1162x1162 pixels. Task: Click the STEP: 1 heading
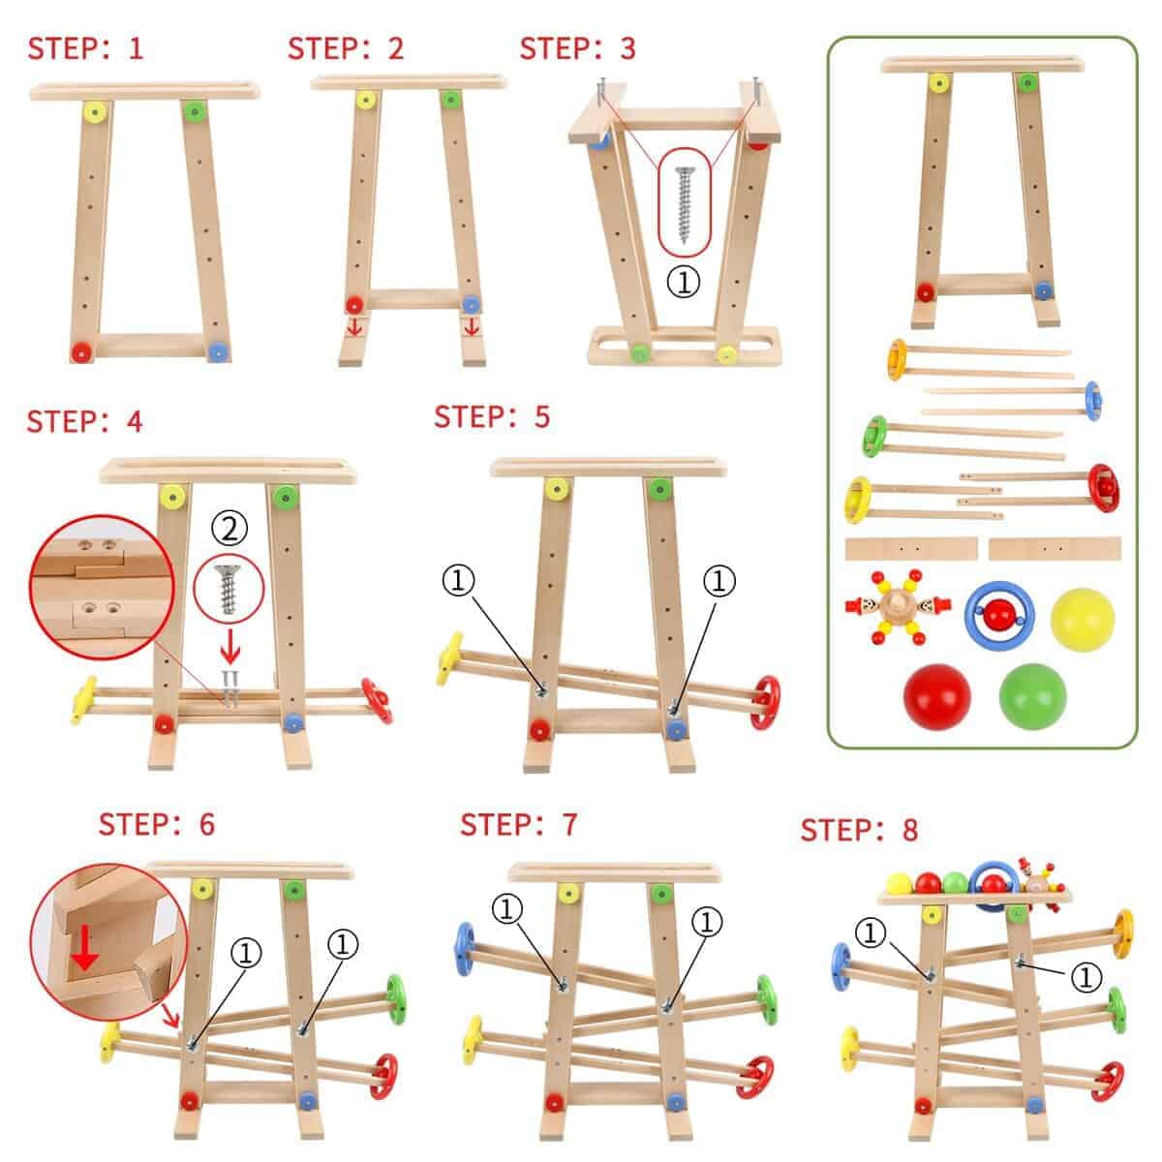[x=85, y=48]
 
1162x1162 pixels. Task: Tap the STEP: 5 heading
[x=492, y=416]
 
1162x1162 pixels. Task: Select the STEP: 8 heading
[x=859, y=830]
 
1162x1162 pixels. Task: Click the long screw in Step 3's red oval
[x=684, y=203]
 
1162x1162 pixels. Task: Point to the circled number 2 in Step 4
[x=229, y=529]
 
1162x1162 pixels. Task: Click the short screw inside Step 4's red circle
[x=229, y=589]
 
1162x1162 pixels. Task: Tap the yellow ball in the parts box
[x=1083, y=620]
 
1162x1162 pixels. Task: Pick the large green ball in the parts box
[x=1032, y=696]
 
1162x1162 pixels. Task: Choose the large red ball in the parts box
[x=937, y=696]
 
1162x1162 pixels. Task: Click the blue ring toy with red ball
[x=999, y=616]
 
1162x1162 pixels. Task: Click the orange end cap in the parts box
[x=897, y=359]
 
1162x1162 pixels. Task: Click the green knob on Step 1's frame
[x=194, y=110]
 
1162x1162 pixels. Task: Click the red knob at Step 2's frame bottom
[x=354, y=304]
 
